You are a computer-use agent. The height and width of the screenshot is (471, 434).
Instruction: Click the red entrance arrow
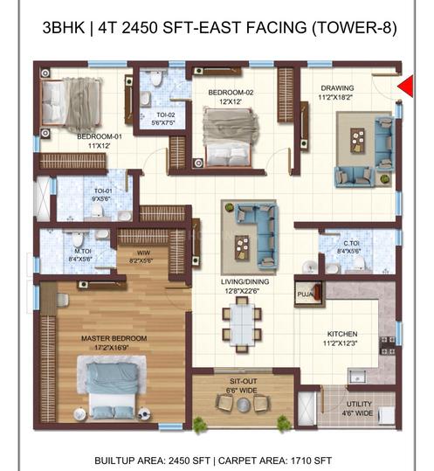point(407,87)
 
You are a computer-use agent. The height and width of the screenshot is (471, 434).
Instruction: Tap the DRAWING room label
point(337,88)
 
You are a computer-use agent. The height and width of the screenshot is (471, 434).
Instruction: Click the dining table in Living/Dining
point(242,324)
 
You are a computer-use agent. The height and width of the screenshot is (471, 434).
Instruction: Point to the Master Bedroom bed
point(112,387)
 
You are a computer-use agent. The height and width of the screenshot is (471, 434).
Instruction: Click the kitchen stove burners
point(388,345)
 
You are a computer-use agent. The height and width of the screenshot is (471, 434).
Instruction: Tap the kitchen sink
point(357,377)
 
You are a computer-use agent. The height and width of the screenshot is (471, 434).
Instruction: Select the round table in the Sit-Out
point(243,405)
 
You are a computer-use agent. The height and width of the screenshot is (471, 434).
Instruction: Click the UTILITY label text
point(359,404)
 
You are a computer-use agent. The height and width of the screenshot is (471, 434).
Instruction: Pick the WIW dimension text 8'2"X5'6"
point(141,261)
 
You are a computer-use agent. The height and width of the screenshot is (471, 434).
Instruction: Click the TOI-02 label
point(165,114)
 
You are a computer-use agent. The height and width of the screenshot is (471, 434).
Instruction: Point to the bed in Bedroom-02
point(230,137)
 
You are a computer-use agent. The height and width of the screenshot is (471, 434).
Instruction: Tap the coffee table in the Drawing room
point(357,141)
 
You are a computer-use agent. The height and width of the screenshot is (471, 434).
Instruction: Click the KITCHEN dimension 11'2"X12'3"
point(341,343)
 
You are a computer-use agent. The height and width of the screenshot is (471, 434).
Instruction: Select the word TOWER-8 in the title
point(354,28)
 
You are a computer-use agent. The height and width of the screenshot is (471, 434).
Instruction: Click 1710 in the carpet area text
point(298,461)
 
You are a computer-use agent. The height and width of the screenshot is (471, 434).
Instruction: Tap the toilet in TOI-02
point(155,78)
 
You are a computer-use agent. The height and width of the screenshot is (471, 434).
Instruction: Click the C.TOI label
point(351,243)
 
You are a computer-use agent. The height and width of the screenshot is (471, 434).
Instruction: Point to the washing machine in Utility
point(387,416)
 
